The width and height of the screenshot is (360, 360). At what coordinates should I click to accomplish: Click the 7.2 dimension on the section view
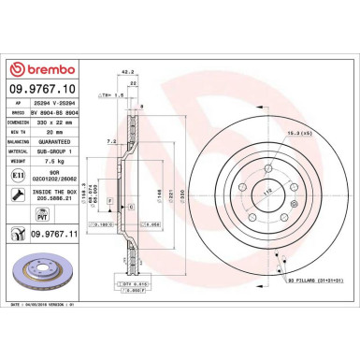[x=112, y=139]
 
